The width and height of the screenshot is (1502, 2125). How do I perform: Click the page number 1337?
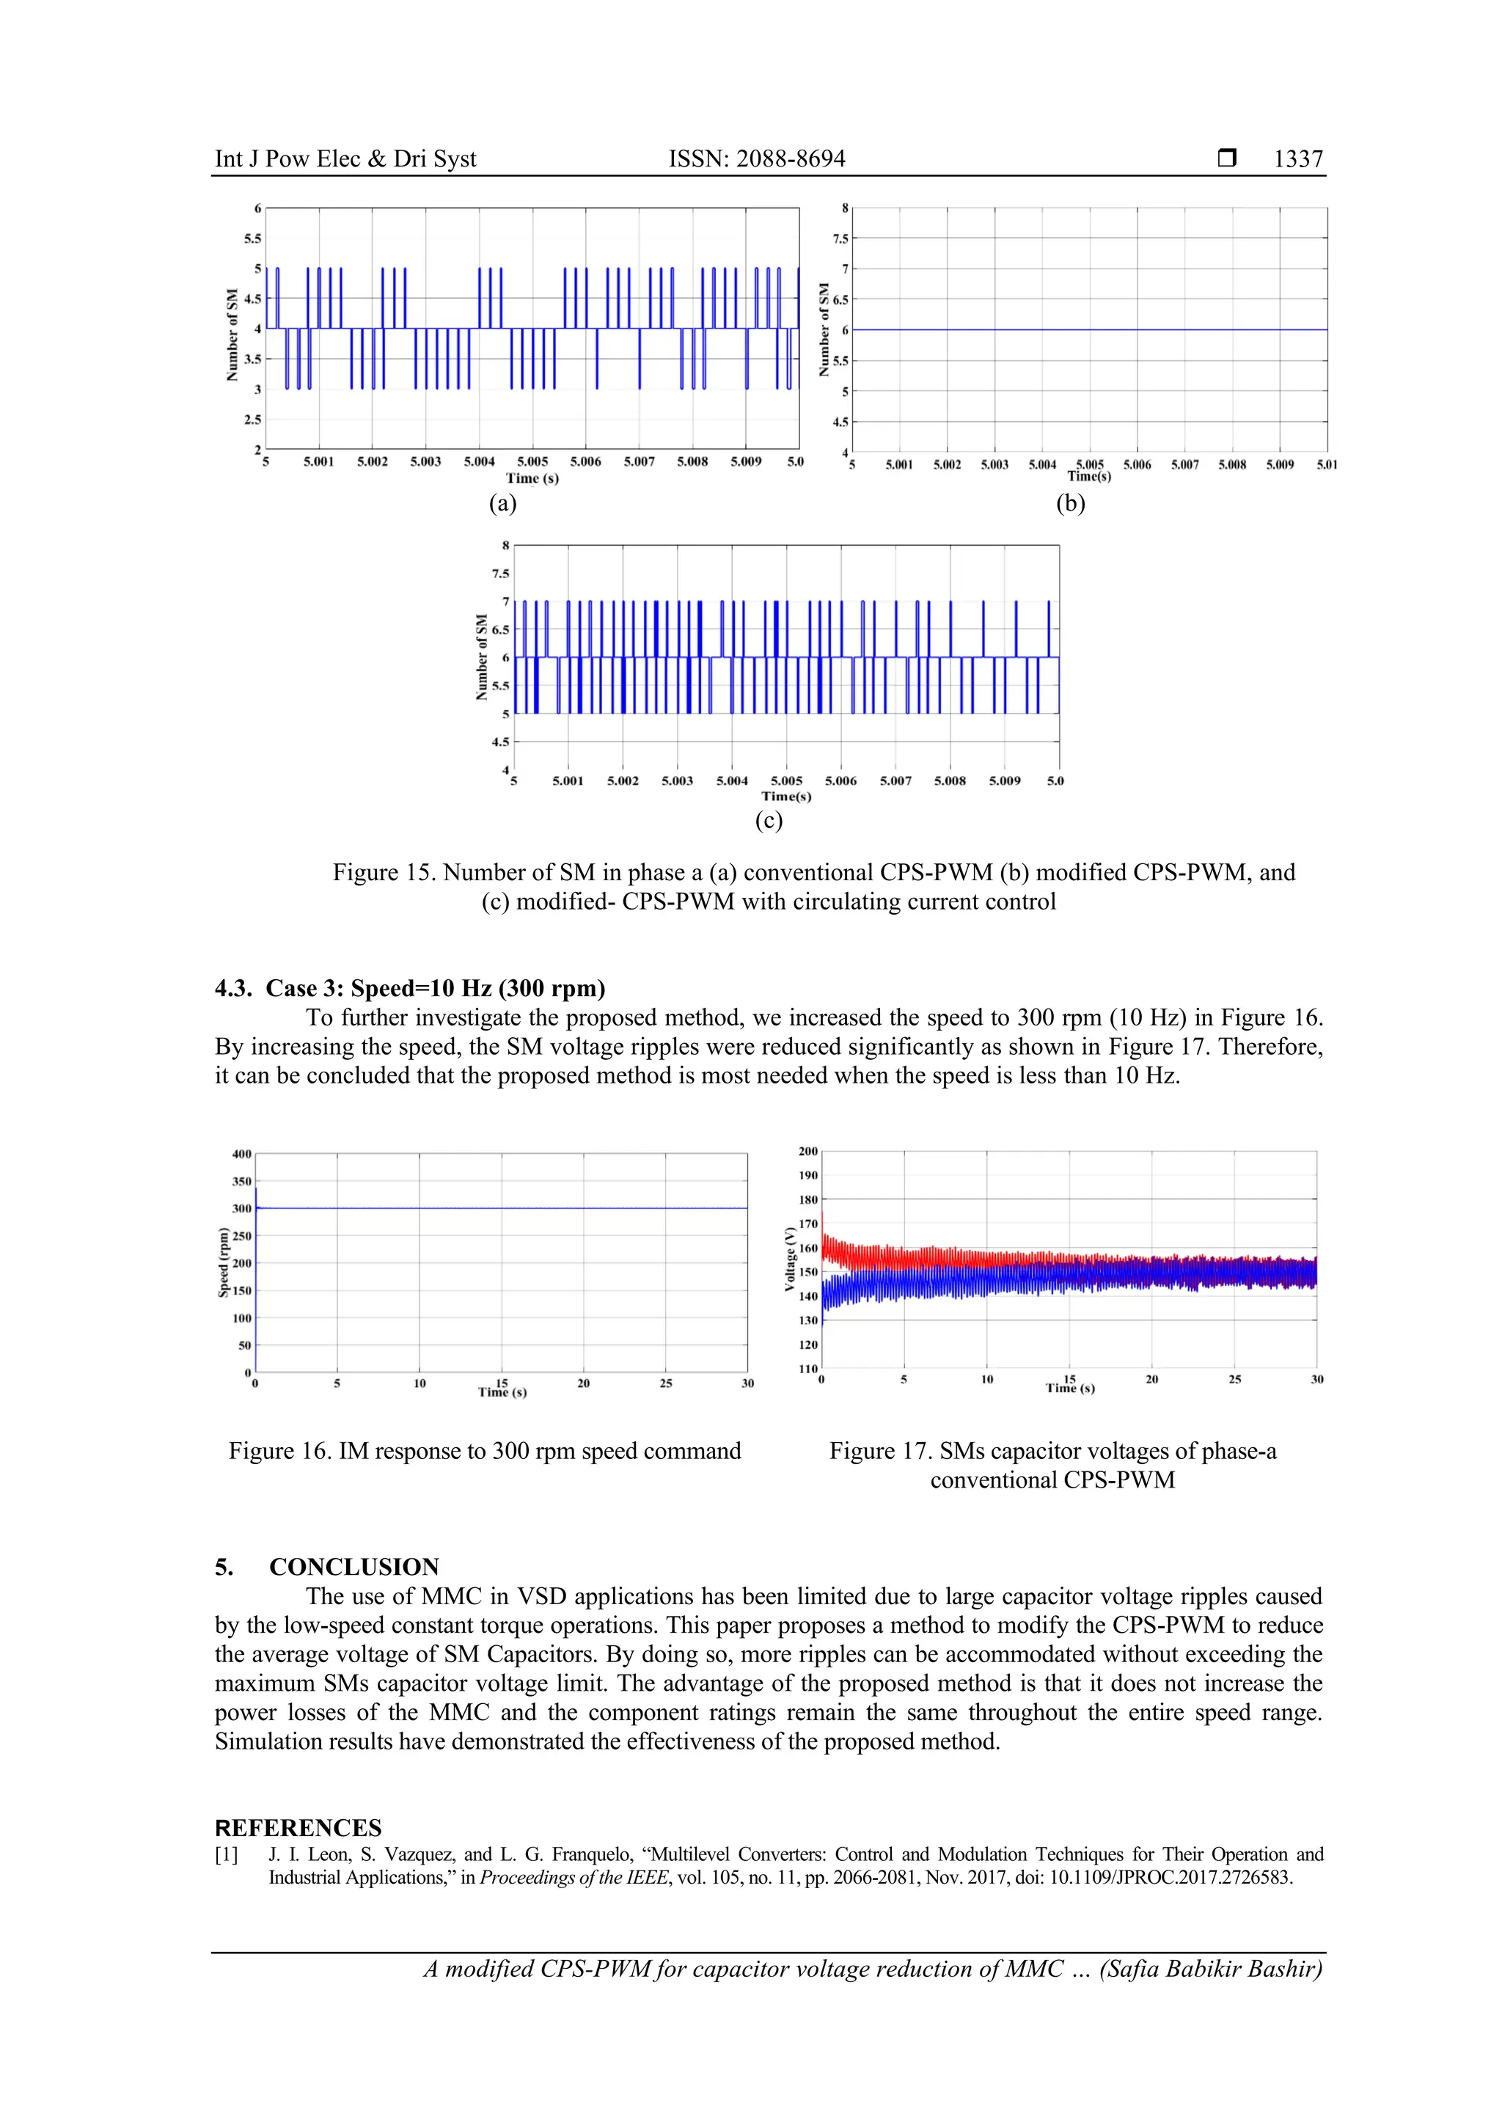(1297, 159)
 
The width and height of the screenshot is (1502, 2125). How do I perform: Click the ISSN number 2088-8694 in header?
(791, 159)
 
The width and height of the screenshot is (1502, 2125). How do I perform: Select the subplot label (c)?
(768, 820)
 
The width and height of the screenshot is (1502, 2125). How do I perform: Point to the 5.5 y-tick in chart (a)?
(252, 239)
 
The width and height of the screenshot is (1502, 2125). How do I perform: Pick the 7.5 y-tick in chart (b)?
(840, 239)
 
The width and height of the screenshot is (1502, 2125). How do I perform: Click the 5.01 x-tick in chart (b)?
(1326, 464)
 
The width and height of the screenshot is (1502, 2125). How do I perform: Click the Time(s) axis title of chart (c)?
(785, 796)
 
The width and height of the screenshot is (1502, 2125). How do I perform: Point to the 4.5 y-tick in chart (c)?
(499, 742)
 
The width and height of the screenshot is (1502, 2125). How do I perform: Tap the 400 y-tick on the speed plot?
(241, 1154)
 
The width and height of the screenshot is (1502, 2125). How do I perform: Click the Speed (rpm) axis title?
(223, 1262)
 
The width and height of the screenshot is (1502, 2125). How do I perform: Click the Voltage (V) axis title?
(789, 1259)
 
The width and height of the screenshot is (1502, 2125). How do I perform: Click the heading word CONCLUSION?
(353, 1567)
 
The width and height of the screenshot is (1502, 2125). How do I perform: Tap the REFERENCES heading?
(297, 1828)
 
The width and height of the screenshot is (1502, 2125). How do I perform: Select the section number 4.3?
(233, 989)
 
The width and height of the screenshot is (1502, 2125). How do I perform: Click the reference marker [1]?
(227, 1855)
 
